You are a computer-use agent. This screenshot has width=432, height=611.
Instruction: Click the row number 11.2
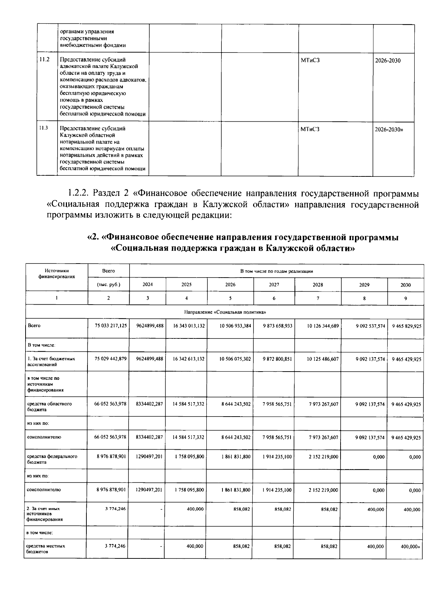coord(45,60)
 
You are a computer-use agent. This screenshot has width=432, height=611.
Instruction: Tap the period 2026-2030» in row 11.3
coord(389,129)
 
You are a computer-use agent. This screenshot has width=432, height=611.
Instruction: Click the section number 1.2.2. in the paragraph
coord(78,193)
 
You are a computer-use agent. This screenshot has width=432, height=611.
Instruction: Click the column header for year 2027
coord(274,284)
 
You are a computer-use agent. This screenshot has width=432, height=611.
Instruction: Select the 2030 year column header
coord(405,285)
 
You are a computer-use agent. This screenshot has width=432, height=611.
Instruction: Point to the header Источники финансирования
coord(57,274)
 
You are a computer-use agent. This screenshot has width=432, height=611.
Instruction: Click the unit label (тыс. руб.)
coord(108,284)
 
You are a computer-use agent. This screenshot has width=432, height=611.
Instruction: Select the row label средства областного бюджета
coord(49,406)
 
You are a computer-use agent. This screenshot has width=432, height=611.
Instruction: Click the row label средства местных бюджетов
coord(45,549)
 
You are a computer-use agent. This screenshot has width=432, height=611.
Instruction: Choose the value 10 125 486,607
coord(323,359)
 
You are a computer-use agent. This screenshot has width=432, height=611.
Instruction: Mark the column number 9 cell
coord(405,298)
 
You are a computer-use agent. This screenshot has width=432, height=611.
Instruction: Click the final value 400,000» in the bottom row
coord(411,546)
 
